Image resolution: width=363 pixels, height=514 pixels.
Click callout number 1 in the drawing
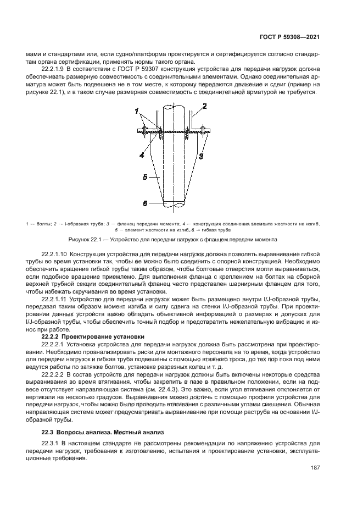136,111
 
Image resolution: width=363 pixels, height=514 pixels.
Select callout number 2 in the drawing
204,106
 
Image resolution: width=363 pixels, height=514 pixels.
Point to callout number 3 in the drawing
202,156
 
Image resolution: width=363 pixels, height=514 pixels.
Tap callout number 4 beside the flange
141,156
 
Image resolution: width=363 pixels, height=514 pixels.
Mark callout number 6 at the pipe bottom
146,203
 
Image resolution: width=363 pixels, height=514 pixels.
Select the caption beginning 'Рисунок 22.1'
172,240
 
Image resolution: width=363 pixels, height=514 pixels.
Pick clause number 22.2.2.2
55,373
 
